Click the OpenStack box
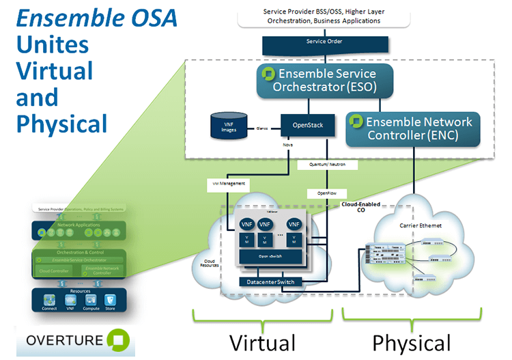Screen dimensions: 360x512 [309, 126]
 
